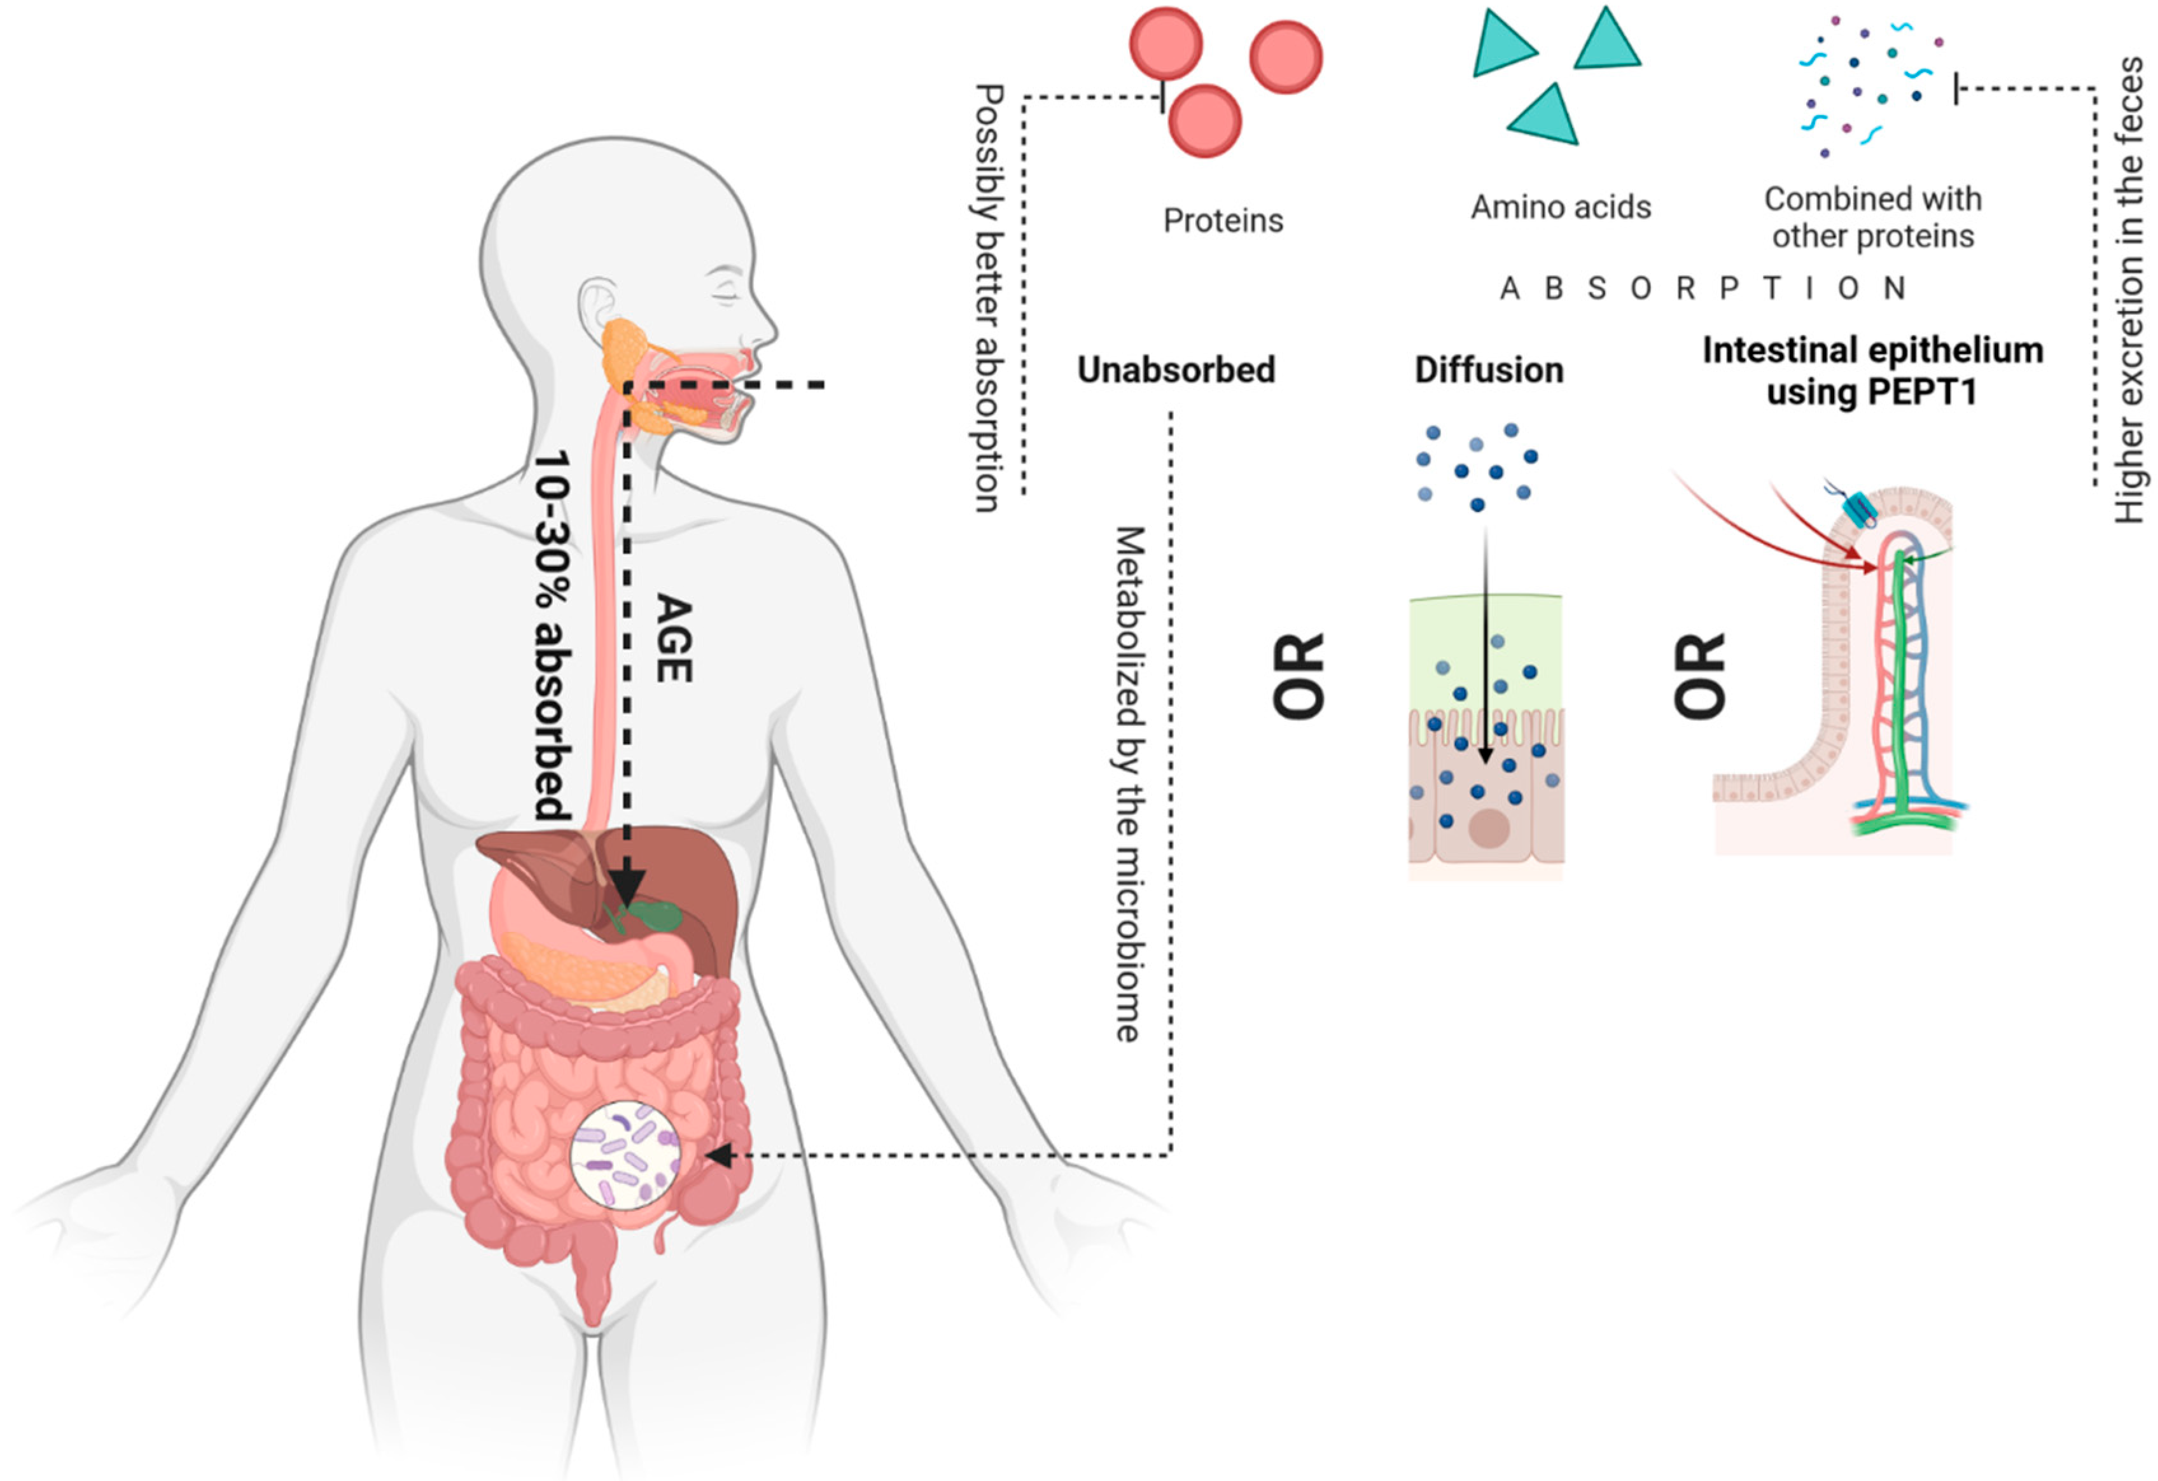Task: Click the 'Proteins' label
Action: (1222, 221)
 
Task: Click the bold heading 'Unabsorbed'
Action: (1176, 370)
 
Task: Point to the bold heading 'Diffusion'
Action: (1489, 370)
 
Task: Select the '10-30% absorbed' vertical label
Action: (552, 636)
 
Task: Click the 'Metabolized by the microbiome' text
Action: (1128, 784)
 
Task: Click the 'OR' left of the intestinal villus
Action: (1700, 676)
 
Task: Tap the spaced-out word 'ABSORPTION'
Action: (1702, 289)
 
